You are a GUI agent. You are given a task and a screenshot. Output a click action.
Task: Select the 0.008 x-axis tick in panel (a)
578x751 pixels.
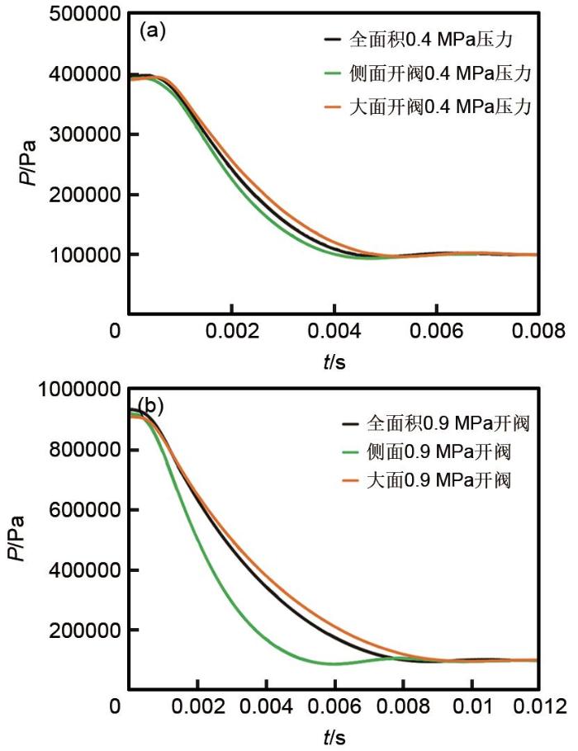(538, 331)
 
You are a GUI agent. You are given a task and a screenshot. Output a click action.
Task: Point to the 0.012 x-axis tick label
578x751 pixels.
(538, 707)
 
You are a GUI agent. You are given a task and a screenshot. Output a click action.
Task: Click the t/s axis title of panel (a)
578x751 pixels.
(333, 360)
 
